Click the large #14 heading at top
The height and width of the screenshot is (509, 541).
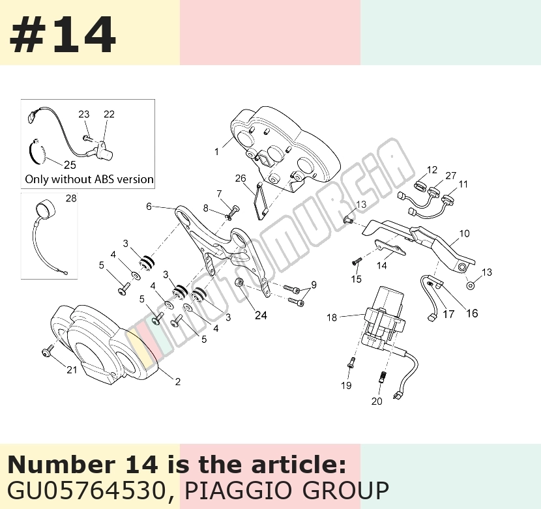63,35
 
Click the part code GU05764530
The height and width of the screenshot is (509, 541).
87,490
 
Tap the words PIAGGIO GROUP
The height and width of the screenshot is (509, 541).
287,490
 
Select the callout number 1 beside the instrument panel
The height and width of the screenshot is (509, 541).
216,152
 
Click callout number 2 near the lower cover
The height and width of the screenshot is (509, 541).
178,382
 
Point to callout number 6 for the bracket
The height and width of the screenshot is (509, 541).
149,207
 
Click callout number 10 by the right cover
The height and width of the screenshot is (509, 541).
464,233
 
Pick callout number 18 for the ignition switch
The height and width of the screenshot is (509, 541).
332,317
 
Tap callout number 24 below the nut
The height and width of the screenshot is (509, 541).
261,315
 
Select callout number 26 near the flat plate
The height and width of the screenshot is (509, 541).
241,178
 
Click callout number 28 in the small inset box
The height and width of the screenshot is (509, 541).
71,198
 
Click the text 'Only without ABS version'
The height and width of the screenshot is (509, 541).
89,179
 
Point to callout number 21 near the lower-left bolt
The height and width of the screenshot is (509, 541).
72,370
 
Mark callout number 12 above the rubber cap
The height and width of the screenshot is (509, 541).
432,170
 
